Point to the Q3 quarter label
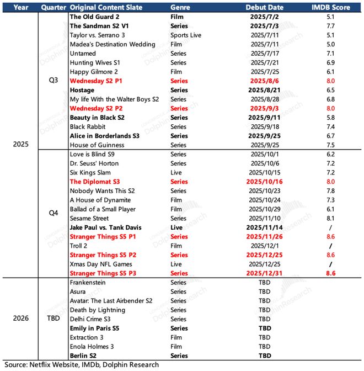pos(54,81)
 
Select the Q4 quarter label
pos(54,209)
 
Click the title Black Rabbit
pos(88,126)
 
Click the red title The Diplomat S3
pos(95,182)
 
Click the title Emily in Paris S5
pos(94,328)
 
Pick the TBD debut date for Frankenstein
pos(265,282)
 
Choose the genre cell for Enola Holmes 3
pos(177,346)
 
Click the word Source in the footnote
pos(17,364)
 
